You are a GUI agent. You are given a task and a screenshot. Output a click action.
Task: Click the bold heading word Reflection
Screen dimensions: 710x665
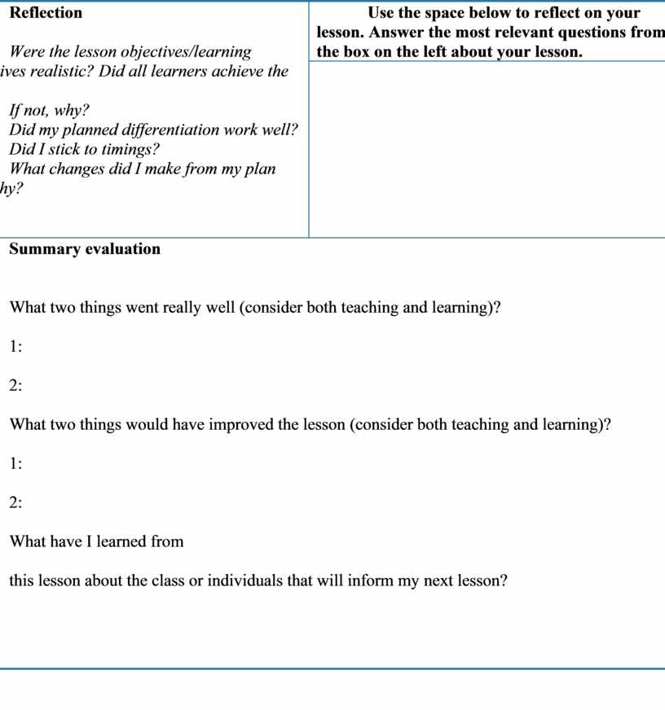[x=46, y=13]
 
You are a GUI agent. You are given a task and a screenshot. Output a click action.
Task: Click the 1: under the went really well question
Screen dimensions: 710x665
[x=15, y=347]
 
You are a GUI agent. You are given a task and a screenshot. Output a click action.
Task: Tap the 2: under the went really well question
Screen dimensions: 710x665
[x=15, y=386]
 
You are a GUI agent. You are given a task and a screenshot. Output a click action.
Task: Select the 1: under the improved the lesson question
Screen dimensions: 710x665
[x=15, y=464]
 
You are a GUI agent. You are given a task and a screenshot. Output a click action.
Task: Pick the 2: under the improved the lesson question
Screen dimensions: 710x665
[x=15, y=503]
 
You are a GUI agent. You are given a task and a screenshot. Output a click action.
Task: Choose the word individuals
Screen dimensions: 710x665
[x=233, y=581]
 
